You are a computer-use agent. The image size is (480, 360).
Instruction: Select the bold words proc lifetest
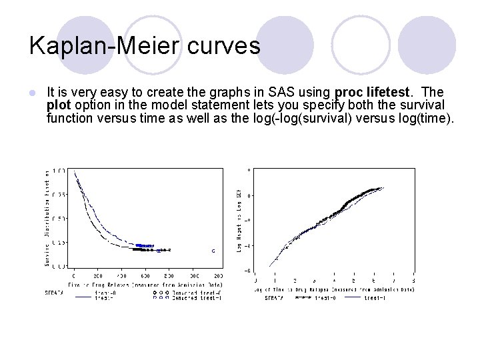370,91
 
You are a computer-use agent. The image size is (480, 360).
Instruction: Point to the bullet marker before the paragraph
33,92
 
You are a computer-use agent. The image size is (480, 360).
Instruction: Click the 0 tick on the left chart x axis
73,275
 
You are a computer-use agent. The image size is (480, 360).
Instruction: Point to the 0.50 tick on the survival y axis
60,219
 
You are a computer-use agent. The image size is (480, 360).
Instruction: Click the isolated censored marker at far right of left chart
213,251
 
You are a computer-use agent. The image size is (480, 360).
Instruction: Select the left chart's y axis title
47,217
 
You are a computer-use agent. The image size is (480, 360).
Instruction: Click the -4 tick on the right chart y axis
248,270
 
